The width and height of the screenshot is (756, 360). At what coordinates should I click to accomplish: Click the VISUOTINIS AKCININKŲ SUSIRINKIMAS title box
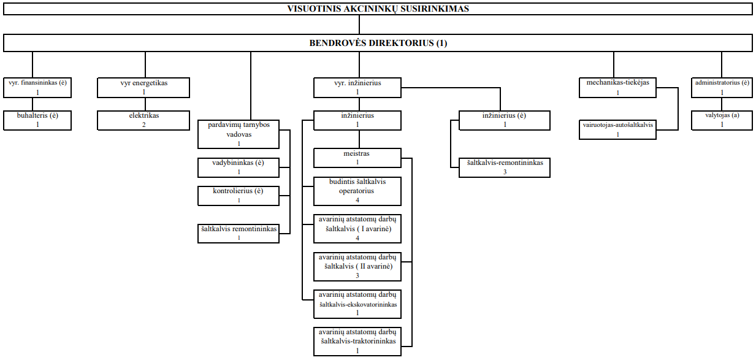[378, 9]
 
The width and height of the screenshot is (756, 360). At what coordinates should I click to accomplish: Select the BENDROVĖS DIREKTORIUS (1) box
[378, 43]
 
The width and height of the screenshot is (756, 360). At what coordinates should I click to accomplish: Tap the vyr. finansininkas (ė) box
[37, 88]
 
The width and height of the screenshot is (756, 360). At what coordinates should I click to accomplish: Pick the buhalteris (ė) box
[37, 120]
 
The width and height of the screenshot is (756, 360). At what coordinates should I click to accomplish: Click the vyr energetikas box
[143, 88]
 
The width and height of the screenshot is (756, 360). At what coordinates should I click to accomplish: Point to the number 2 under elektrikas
[143, 125]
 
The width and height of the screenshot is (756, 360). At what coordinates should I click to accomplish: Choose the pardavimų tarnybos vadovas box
[239, 134]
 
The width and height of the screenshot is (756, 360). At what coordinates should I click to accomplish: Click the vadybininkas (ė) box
[239, 167]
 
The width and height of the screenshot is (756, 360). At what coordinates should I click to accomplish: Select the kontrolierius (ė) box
[239, 196]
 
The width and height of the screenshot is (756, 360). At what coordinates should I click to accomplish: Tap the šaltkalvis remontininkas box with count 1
[239, 234]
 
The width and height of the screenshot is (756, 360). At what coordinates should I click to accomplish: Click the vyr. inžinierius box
[357, 88]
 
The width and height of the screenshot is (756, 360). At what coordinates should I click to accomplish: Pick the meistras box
[357, 158]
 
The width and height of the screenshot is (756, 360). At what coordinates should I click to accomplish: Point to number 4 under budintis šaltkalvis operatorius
[357, 201]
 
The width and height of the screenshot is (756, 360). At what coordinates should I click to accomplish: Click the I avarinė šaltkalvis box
[357, 229]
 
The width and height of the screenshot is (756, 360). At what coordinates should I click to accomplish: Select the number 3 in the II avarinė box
[357, 275]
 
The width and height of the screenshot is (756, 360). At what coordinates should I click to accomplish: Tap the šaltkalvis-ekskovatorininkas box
[357, 304]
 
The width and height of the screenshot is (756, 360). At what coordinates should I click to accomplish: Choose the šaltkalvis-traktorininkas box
[357, 342]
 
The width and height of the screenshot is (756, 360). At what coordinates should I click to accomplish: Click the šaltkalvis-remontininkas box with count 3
[505, 167]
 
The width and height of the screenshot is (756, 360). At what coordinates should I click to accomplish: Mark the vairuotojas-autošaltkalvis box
[617, 129]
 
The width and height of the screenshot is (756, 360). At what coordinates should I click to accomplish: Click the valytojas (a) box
[722, 120]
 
